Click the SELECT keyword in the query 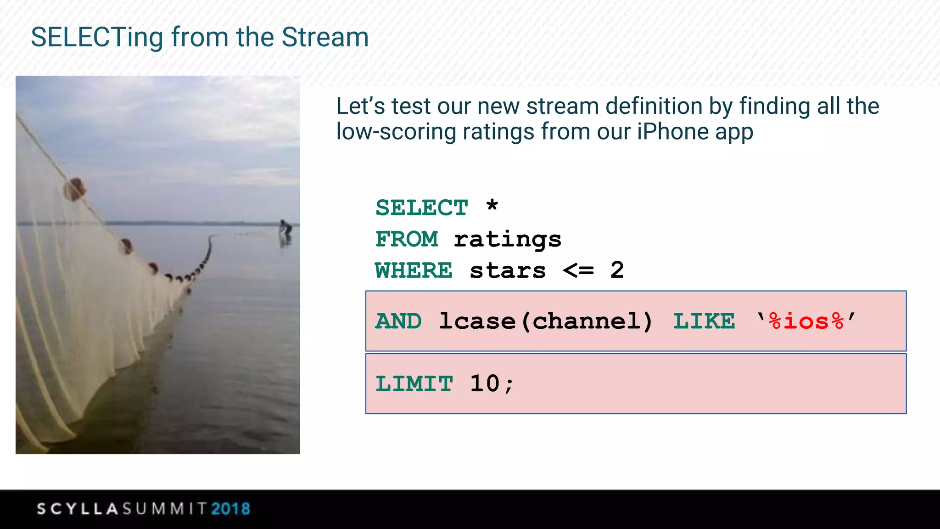point(421,208)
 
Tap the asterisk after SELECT point(492,205)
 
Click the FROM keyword point(407,239)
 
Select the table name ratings point(508,240)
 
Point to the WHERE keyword point(414,270)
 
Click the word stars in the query point(508,271)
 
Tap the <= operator point(578,270)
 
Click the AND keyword point(398,321)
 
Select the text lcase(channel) point(546,321)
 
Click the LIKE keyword point(704,321)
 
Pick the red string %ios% point(806,321)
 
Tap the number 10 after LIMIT point(485,384)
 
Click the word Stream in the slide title point(325,37)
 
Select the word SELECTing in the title point(97,37)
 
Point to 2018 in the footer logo point(230,509)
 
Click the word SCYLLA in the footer point(78,509)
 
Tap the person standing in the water point(285,230)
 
